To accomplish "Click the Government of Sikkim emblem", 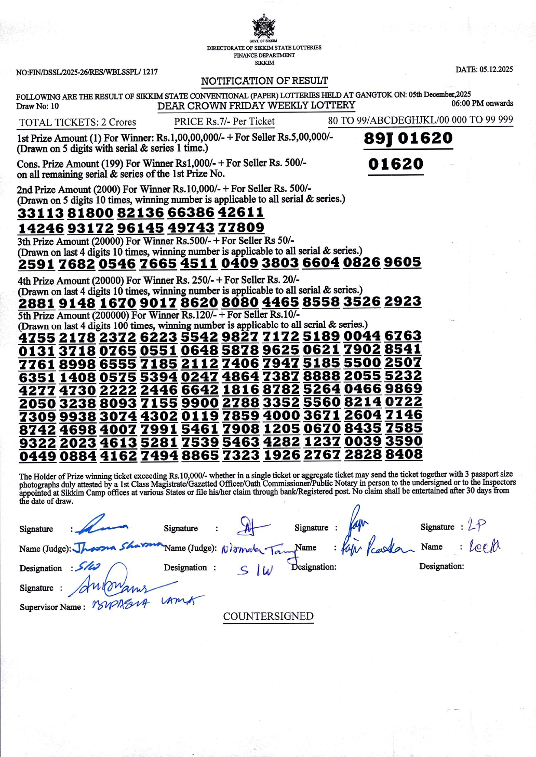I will tap(264, 26).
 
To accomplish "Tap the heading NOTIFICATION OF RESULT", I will tap(264, 81).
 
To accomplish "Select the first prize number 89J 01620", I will tap(408, 138).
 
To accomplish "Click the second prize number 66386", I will tap(191, 213).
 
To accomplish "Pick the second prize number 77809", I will tap(241, 227).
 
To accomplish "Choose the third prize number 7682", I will tap(76, 263).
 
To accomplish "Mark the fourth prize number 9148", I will tap(77, 303).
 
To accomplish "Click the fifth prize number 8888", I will tap(321, 376).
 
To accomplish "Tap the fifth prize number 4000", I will tap(281, 415).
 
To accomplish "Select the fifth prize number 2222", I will tap(118, 389).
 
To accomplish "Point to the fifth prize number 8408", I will tap(403, 454).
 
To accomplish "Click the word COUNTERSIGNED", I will tap(268, 616).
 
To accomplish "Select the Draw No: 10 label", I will tap(37, 106).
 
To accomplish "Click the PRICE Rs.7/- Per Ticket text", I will tap(224, 122).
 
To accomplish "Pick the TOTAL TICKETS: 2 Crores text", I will tap(78, 122).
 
